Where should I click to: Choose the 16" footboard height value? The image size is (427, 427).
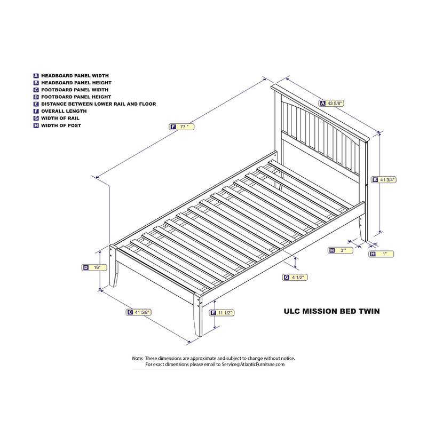(x=97, y=267)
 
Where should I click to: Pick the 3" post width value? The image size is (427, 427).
(x=344, y=250)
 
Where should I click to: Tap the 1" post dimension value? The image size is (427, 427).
(x=384, y=254)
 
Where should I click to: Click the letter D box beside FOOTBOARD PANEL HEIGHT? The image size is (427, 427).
(x=36, y=97)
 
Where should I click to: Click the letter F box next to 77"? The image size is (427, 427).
(x=172, y=127)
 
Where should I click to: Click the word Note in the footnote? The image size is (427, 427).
(x=137, y=358)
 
